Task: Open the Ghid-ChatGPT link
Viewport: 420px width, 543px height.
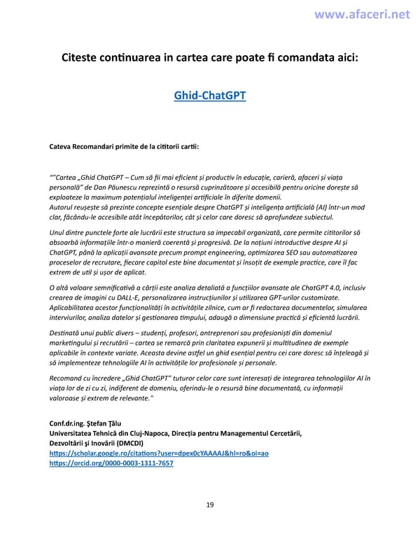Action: [210, 94]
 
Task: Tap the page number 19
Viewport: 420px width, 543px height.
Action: [210, 505]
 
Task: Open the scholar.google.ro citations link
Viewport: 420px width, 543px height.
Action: [159, 453]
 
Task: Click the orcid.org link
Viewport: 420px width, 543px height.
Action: [111, 463]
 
